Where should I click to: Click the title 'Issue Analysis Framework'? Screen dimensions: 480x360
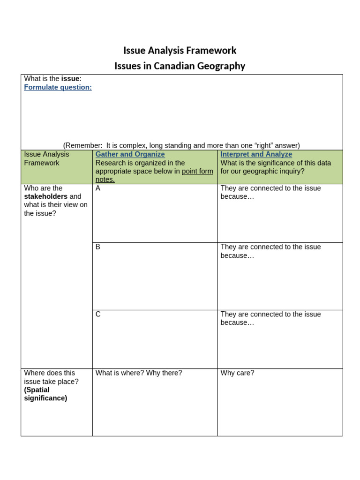[x=180, y=50]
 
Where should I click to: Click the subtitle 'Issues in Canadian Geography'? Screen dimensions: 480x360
[x=180, y=66]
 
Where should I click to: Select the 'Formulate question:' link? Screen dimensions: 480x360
[x=58, y=87]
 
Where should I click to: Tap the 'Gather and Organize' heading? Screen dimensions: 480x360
[x=130, y=154]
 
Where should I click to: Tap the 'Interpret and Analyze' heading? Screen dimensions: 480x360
[x=256, y=154]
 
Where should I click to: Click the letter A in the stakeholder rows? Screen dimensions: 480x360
[x=98, y=188]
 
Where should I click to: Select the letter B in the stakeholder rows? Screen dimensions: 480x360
[x=98, y=247]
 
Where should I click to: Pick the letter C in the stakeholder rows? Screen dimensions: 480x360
[x=98, y=315]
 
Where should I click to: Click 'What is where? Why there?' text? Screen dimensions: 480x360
[x=139, y=373]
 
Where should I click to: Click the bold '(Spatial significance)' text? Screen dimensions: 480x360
[x=45, y=394]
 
